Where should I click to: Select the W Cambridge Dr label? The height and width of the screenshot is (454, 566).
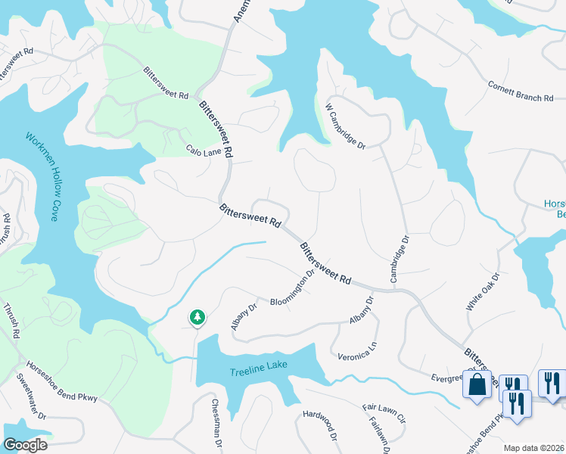click(346, 126)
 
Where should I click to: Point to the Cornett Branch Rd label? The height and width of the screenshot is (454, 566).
click(521, 92)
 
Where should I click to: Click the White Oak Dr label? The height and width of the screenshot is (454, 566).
click(484, 293)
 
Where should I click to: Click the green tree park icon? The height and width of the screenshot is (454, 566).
click(197, 317)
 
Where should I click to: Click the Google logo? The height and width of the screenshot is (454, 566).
click(25, 445)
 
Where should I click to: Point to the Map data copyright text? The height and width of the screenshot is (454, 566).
click(533, 448)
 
